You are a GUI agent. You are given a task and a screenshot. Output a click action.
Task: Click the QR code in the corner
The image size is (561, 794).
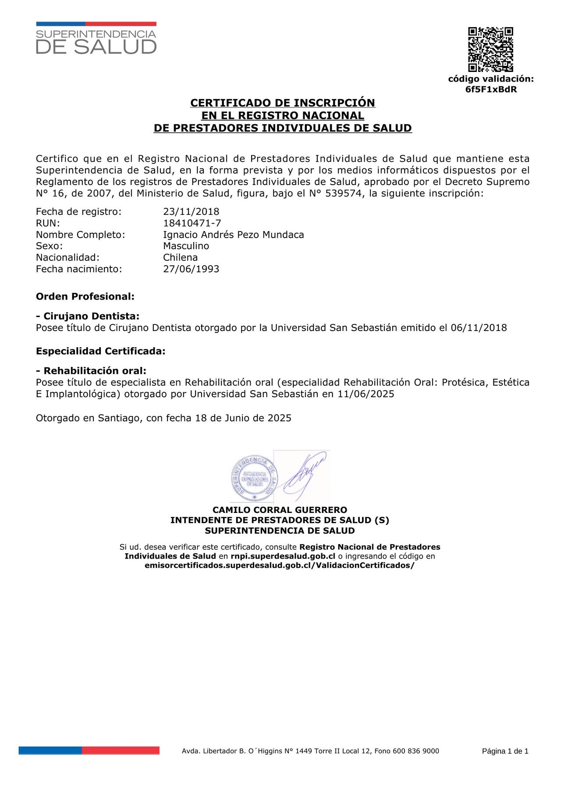pyautogui.click(x=490, y=50)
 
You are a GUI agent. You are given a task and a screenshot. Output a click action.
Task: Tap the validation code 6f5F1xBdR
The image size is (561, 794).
pyautogui.click(x=491, y=89)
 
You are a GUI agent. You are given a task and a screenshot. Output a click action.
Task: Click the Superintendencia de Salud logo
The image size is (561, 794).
pyautogui.click(x=96, y=39)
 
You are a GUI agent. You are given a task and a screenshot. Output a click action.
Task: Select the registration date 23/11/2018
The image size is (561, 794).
pyautogui.click(x=191, y=212)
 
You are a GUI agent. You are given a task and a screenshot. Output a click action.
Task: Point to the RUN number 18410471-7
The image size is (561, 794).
pyautogui.click(x=192, y=223)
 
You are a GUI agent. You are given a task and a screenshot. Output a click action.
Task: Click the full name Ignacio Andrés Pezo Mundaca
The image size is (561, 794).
pyautogui.click(x=233, y=235)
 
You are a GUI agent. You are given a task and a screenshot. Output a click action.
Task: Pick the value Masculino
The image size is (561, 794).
pyautogui.click(x=186, y=246)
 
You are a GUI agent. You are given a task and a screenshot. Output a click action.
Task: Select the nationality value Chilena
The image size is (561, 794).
pyautogui.click(x=180, y=257)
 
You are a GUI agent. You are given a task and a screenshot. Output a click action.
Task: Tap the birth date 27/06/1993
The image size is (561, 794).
pyautogui.click(x=191, y=269)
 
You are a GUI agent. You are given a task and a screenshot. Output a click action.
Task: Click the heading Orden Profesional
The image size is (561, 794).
pyautogui.click(x=85, y=296)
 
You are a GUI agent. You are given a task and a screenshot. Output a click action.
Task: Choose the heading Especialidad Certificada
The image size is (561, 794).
pyautogui.click(x=100, y=351)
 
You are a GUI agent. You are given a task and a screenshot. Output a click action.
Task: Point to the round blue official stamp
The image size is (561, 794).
pyautogui.click(x=254, y=478)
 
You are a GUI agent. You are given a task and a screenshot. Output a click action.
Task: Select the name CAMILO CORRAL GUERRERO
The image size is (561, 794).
pyautogui.click(x=280, y=510)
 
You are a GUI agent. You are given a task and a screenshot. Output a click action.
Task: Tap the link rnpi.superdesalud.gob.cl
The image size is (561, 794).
pyautogui.click(x=283, y=556)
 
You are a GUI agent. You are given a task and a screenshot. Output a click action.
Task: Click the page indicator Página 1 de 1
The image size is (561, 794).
pyautogui.click(x=505, y=751)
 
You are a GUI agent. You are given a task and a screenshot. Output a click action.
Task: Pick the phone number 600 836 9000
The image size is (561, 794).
pyautogui.click(x=415, y=751)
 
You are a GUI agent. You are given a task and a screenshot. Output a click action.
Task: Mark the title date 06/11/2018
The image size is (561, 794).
pyautogui.click(x=479, y=328)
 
